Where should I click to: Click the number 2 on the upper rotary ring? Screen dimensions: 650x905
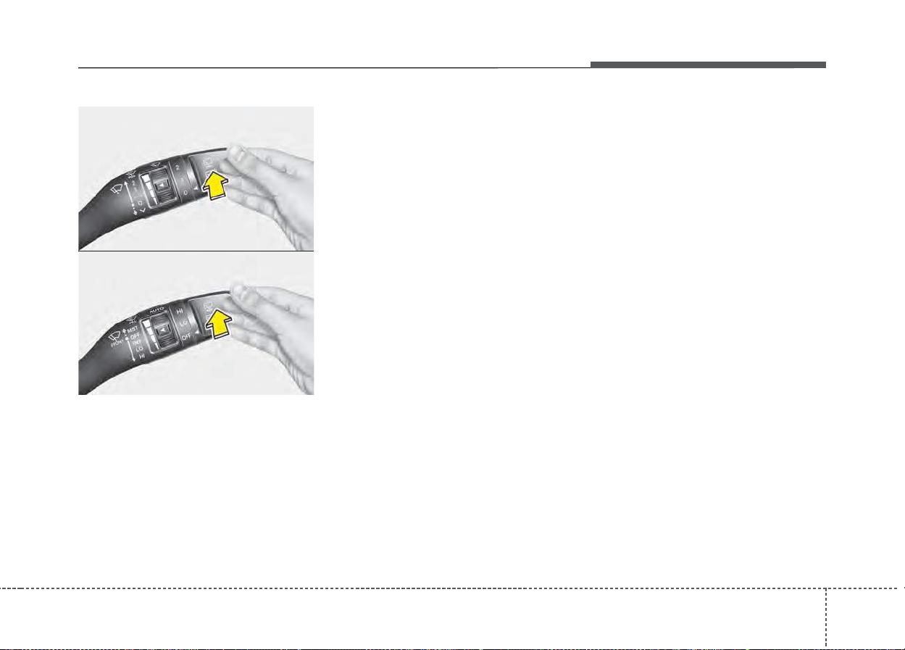tap(177, 167)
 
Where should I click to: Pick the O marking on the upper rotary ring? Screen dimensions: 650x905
tap(186, 193)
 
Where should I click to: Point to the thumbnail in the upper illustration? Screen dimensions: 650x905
tap(236, 153)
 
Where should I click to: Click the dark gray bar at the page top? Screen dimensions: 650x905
tap(707, 65)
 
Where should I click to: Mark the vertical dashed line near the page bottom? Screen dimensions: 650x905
tap(825, 616)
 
